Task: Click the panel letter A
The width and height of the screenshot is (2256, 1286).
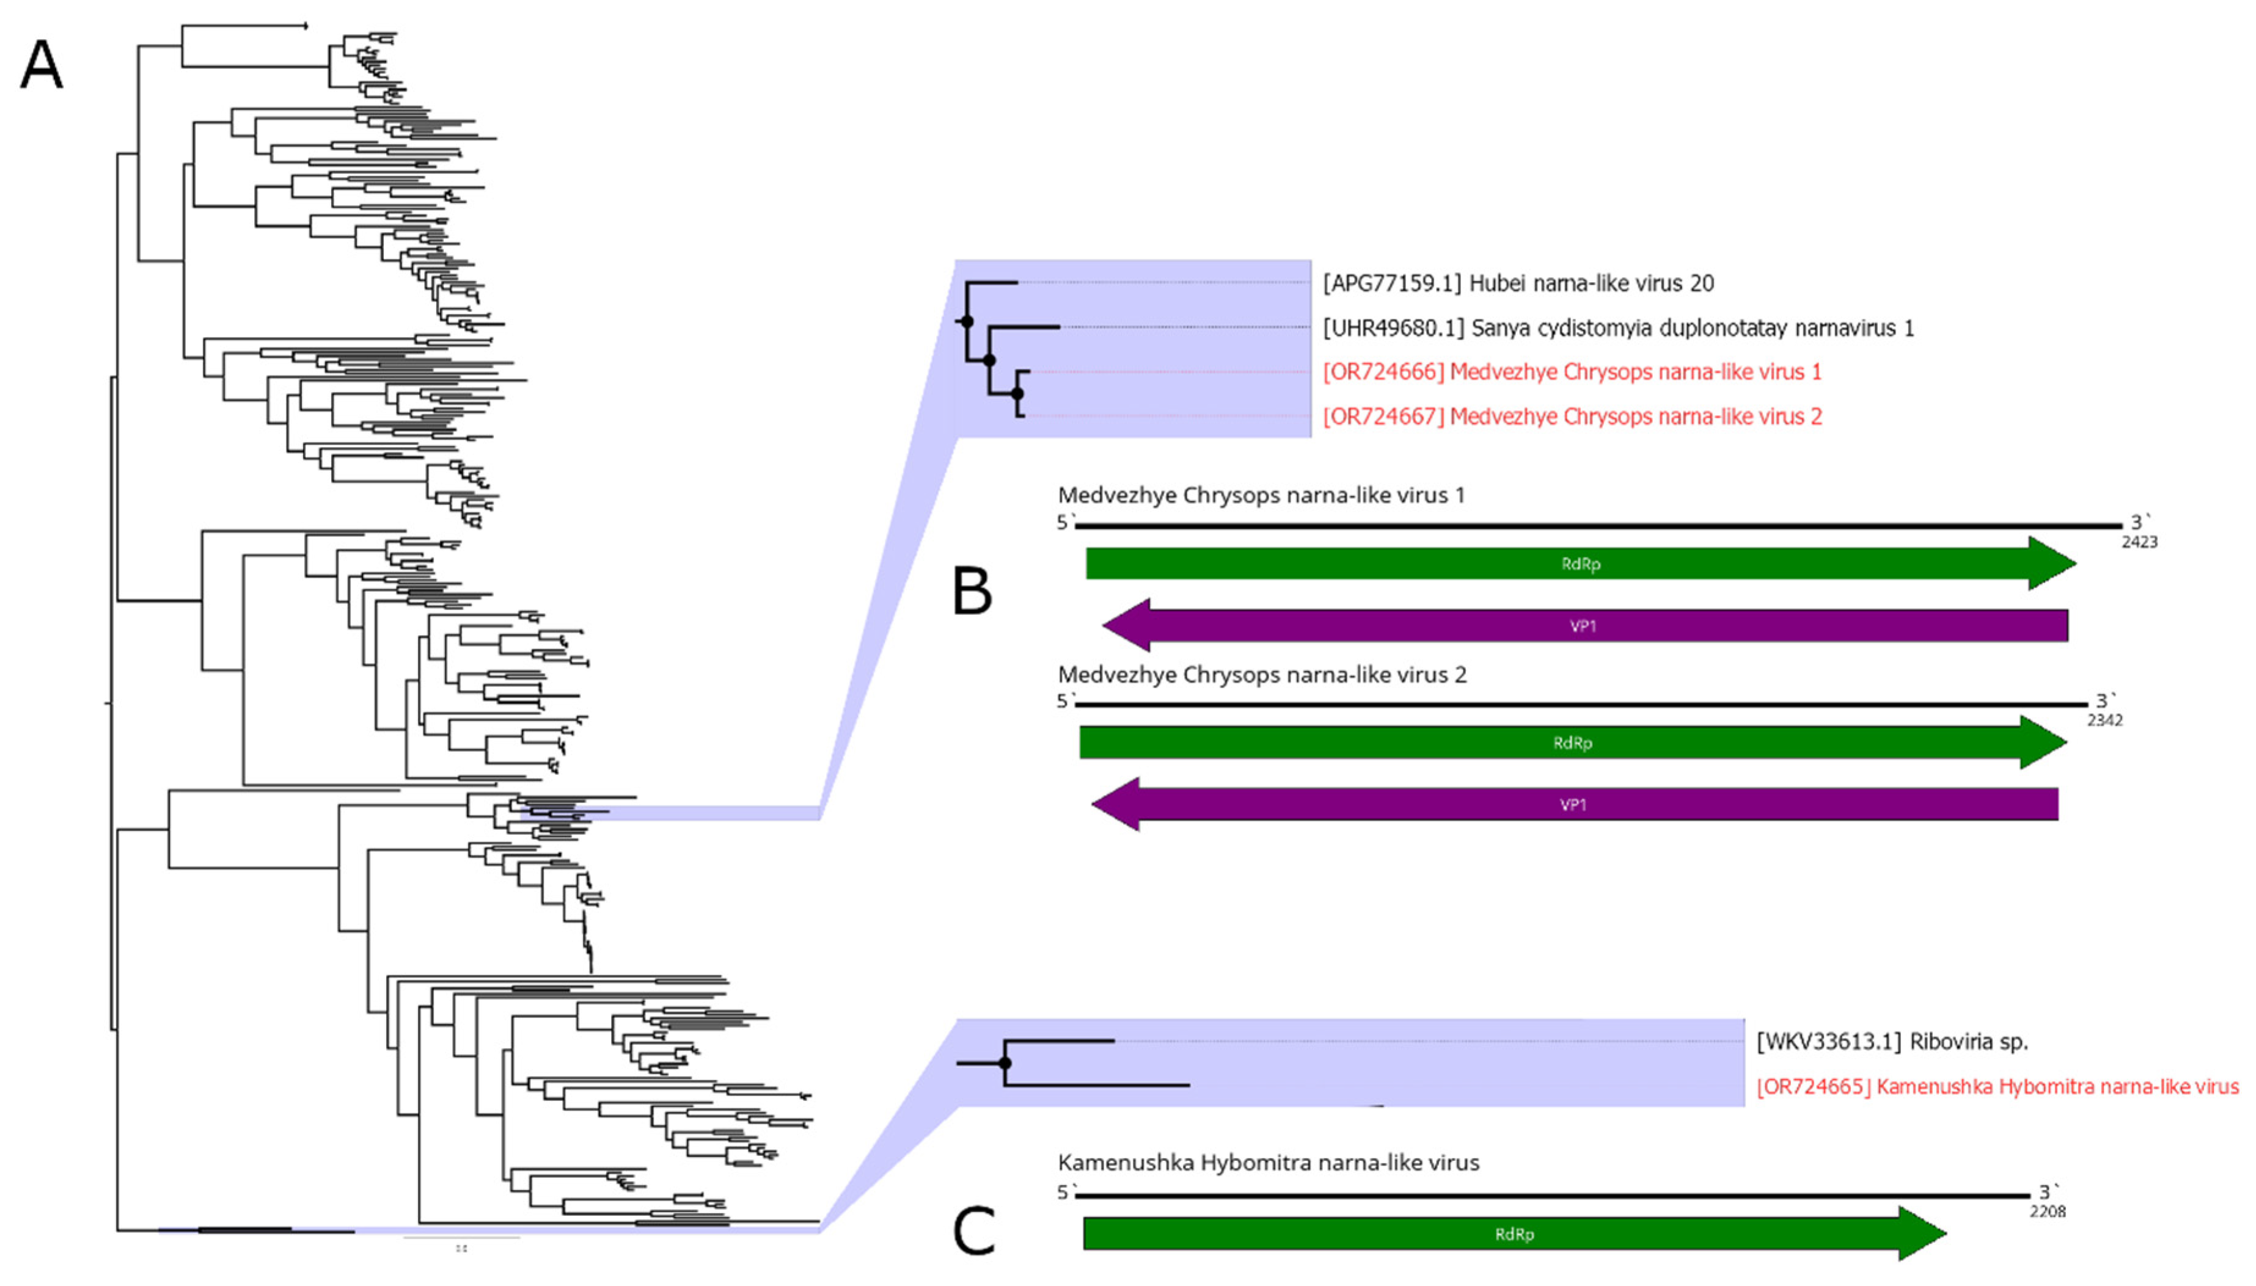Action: point(42,66)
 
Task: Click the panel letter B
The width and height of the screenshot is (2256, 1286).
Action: point(972,591)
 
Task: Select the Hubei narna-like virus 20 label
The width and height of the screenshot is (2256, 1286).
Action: point(1517,283)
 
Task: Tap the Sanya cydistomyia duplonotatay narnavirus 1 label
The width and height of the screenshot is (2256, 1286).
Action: point(1617,329)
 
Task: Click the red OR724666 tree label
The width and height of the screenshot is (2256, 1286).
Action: point(1571,372)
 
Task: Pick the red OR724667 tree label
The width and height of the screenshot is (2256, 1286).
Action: point(1571,417)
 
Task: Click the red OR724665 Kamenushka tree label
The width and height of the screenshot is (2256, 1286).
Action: point(1997,1086)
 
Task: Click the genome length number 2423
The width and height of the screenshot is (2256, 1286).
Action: point(2139,542)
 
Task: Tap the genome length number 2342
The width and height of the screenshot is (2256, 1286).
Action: point(2104,721)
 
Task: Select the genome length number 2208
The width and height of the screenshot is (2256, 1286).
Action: point(2046,1212)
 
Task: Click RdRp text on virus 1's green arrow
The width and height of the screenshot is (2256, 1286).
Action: point(1580,564)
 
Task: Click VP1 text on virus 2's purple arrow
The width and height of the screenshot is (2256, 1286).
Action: point(1572,805)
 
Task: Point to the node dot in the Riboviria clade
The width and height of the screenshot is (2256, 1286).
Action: point(1005,1063)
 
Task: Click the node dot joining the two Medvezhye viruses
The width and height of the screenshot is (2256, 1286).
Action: point(1017,394)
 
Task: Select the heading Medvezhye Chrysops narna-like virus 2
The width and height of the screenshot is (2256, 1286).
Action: point(1261,675)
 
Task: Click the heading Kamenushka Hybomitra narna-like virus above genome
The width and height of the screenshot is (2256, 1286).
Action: point(1268,1163)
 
